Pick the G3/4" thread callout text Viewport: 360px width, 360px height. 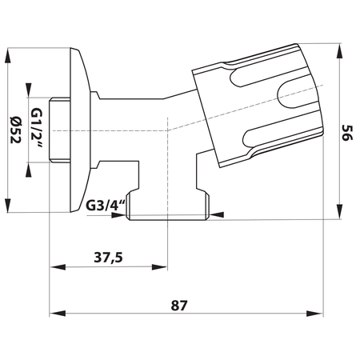[106, 204]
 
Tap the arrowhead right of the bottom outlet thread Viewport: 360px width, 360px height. [218, 214]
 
